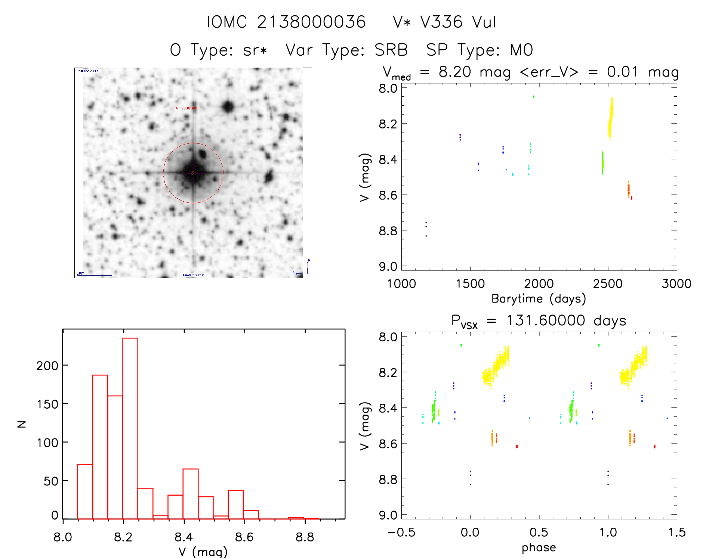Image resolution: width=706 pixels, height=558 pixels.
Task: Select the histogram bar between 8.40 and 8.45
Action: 191,493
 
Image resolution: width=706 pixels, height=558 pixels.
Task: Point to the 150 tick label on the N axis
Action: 47,404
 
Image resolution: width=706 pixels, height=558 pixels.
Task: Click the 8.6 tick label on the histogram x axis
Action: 244,537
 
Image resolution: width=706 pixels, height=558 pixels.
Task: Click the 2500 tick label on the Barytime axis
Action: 608,283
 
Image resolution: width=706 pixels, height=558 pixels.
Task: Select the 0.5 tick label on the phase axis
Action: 539,532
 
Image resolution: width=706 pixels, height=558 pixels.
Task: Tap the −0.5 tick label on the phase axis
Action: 401,532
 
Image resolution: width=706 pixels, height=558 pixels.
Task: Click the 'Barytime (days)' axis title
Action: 539,299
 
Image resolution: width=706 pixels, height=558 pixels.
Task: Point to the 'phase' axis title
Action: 539,548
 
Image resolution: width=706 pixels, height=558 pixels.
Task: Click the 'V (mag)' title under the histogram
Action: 203,552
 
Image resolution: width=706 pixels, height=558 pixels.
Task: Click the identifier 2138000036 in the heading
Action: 311,22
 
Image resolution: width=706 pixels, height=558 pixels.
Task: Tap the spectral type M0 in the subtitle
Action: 522,50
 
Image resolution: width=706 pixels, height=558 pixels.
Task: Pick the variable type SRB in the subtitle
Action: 391,50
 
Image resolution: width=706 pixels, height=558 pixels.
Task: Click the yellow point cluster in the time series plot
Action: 611,118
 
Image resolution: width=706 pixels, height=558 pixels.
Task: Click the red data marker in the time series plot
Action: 632,198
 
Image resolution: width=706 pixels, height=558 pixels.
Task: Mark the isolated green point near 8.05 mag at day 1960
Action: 534,97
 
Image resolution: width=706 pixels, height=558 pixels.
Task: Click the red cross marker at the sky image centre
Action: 193,173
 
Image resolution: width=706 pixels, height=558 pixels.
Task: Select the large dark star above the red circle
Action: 228,107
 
